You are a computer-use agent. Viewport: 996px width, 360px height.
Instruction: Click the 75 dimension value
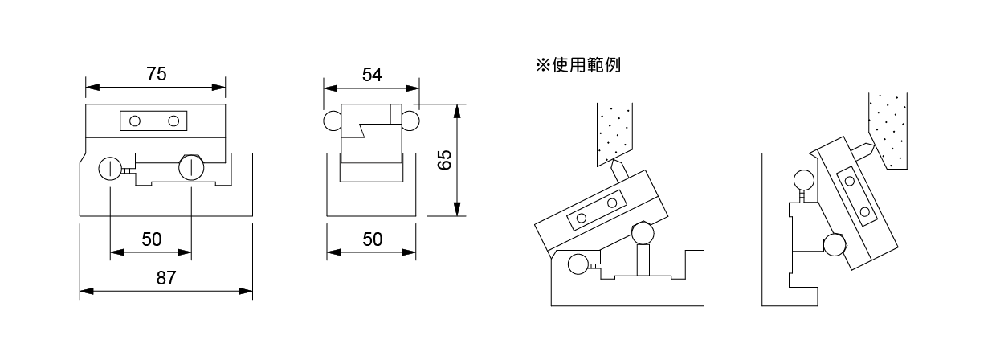point(157,74)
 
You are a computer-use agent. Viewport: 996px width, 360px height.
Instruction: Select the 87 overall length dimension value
point(166,278)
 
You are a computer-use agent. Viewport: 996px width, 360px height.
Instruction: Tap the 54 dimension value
point(371,75)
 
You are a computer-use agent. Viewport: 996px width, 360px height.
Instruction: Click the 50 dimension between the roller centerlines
point(151,239)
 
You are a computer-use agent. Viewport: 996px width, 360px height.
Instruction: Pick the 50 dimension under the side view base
point(372,239)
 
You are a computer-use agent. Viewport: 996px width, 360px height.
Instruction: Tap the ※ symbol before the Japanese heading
point(541,65)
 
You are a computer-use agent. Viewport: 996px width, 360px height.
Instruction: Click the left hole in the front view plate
point(135,121)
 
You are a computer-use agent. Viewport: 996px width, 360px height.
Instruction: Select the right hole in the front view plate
point(173,121)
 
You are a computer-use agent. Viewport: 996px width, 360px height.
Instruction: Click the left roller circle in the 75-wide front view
point(108,168)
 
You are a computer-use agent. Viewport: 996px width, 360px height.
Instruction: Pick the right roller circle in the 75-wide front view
point(191,167)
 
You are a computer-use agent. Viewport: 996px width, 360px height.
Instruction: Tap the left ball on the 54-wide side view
point(333,121)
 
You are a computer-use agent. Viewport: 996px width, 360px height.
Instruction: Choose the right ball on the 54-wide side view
point(410,121)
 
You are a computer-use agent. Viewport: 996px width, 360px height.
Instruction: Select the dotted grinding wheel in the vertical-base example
point(888,129)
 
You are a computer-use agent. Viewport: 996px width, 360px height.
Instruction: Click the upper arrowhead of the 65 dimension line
point(456,108)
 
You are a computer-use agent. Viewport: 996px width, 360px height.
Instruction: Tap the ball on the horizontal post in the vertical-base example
point(834,244)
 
